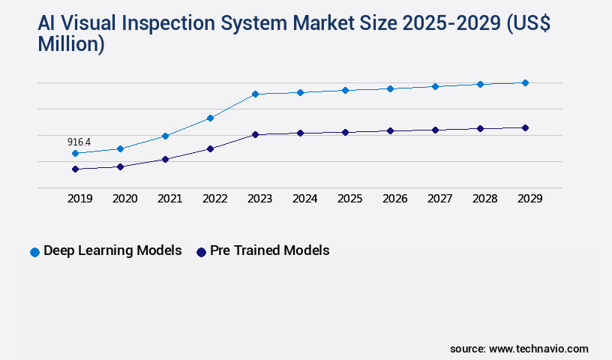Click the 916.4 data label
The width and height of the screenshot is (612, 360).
pyautogui.click(x=79, y=142)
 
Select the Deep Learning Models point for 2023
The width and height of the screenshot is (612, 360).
pyautogui.click(x=255, y=94)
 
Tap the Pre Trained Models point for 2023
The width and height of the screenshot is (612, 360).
pyautogui.click(x=255, y=134)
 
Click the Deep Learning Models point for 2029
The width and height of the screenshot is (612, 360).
pyautogui.click(x=525, y=82)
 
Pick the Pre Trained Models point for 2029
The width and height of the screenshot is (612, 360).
pyautogui.click(x=525, y=127)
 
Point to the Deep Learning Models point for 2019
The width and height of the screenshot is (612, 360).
pyautogui.click(x=75, y=153)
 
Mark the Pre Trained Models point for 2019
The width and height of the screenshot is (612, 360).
pyautogui.click(x=75, y=169)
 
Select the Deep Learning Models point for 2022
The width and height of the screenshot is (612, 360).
pyautogui.click(x=210, y=118)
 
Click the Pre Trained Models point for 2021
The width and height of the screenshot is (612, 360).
pyautogui.click(x=165, y=159)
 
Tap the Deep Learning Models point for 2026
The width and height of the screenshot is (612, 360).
pyautogui.click(x=390, y=88)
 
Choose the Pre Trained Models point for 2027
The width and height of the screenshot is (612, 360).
pyautogui.click(x=435, y=130)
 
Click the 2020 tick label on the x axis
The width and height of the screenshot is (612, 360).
pyautogui.click(x=124, y=199)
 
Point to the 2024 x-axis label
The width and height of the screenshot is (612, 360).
pyautogui.click(x=304, y=199)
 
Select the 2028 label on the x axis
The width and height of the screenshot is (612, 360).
pyautogui.click(x=484, y=199)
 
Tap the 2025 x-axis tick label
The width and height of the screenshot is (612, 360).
pyautogui.click(x=349, y=199)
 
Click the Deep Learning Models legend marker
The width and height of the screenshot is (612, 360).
pyautogui.click(x=34, y=252)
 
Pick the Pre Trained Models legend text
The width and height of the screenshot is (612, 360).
pyautogui.click(x=269, y=250)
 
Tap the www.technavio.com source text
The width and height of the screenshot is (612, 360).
pyautogui.click(x=538, y=349)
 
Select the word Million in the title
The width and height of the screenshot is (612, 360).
pyautogui.click(x=71, y=45)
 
